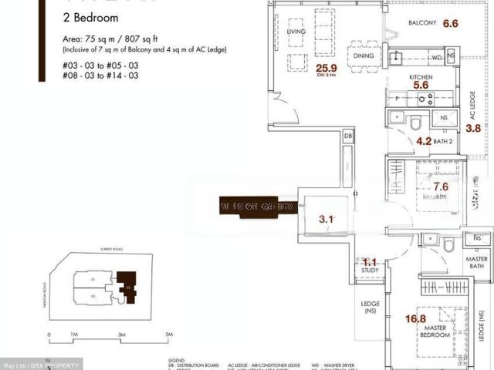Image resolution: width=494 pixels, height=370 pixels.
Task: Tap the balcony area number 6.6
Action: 450,24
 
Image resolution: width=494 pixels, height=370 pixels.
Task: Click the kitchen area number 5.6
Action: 421,86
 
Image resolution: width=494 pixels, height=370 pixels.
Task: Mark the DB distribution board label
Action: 348,134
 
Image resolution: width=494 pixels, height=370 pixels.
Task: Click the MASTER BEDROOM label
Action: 437,331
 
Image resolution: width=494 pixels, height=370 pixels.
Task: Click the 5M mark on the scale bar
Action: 169,335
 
